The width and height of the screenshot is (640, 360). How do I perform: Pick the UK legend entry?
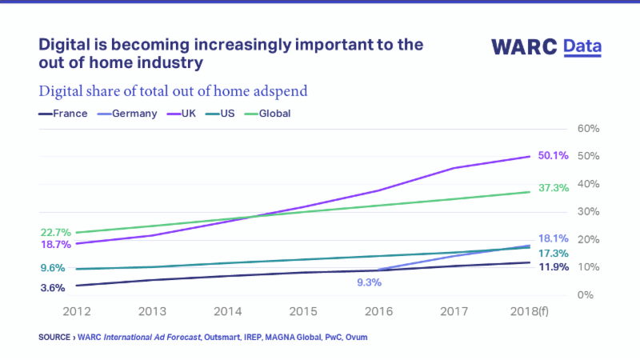tap(189, 114)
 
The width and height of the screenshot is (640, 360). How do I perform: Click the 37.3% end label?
tap(553, 188)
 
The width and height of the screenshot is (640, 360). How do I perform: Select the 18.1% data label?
tap(553, 238)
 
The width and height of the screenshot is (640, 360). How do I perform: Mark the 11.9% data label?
tap(553, 266)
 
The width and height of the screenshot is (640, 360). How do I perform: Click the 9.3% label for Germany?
tap(369, 282)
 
